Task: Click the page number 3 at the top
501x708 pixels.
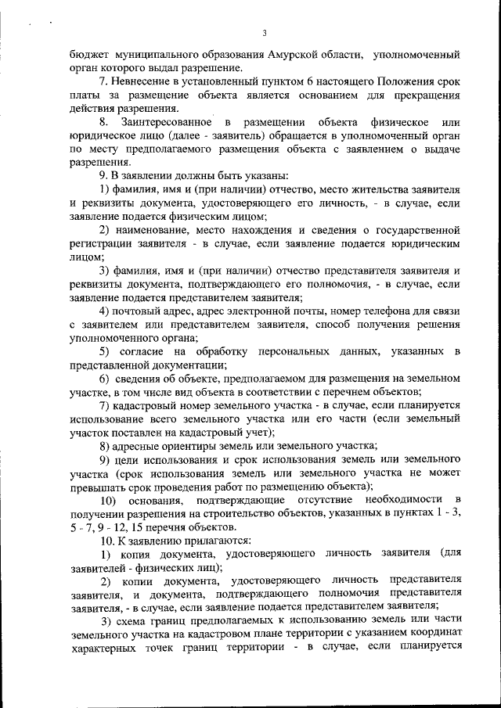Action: point(265,33)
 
